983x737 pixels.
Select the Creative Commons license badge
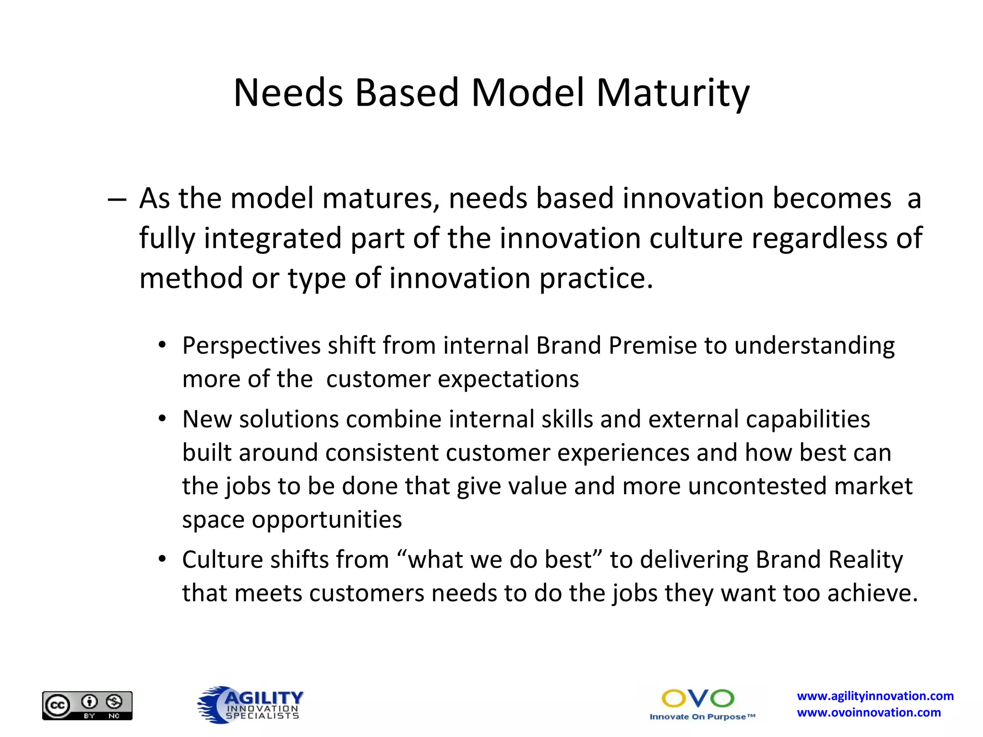87,705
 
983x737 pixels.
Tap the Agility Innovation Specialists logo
251,705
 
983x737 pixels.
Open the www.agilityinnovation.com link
875,696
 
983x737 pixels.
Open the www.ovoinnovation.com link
869,713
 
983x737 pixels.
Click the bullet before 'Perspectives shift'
162,345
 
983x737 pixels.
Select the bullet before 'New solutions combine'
162,419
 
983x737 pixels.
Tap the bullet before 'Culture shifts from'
162,559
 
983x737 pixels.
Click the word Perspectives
252,346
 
